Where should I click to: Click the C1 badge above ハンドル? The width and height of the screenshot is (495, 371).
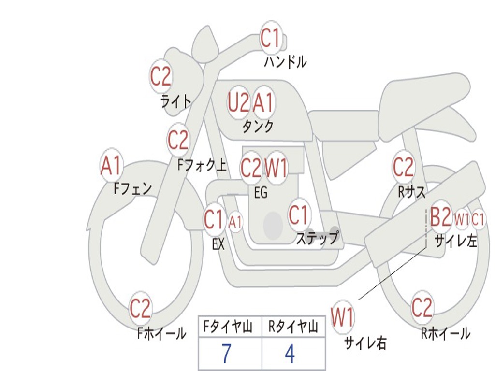[x=271, y=37]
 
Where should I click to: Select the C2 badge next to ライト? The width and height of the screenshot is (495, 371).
[x=161, y=76]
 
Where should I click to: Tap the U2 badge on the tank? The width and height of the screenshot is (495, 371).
[x=239, y=102]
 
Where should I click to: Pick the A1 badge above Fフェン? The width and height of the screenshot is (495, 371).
[x=112, y=166]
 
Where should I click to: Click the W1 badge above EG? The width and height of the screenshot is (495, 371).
[x=277, y=168]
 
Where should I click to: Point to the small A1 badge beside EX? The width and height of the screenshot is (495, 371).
[x=235, y=222]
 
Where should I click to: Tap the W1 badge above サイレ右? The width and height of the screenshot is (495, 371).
[x=343, y=317]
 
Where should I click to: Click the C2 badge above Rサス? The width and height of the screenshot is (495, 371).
[x=403, y=167]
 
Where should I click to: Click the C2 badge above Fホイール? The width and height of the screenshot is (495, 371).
[x=141, y=308]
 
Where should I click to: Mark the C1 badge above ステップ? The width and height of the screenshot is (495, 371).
[x=299, y=215]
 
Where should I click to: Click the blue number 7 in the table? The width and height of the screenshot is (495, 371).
[x=227, y=354]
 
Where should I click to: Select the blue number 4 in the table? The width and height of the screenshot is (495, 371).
[x=290, y=354]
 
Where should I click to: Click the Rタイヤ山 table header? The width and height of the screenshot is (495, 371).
[x=293, y=328]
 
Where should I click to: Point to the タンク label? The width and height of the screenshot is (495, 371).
[x=258, y=127]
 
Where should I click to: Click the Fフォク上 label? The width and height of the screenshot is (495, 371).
[x=202, y=166]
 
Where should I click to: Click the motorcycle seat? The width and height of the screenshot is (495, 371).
[x=425, y=97]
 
